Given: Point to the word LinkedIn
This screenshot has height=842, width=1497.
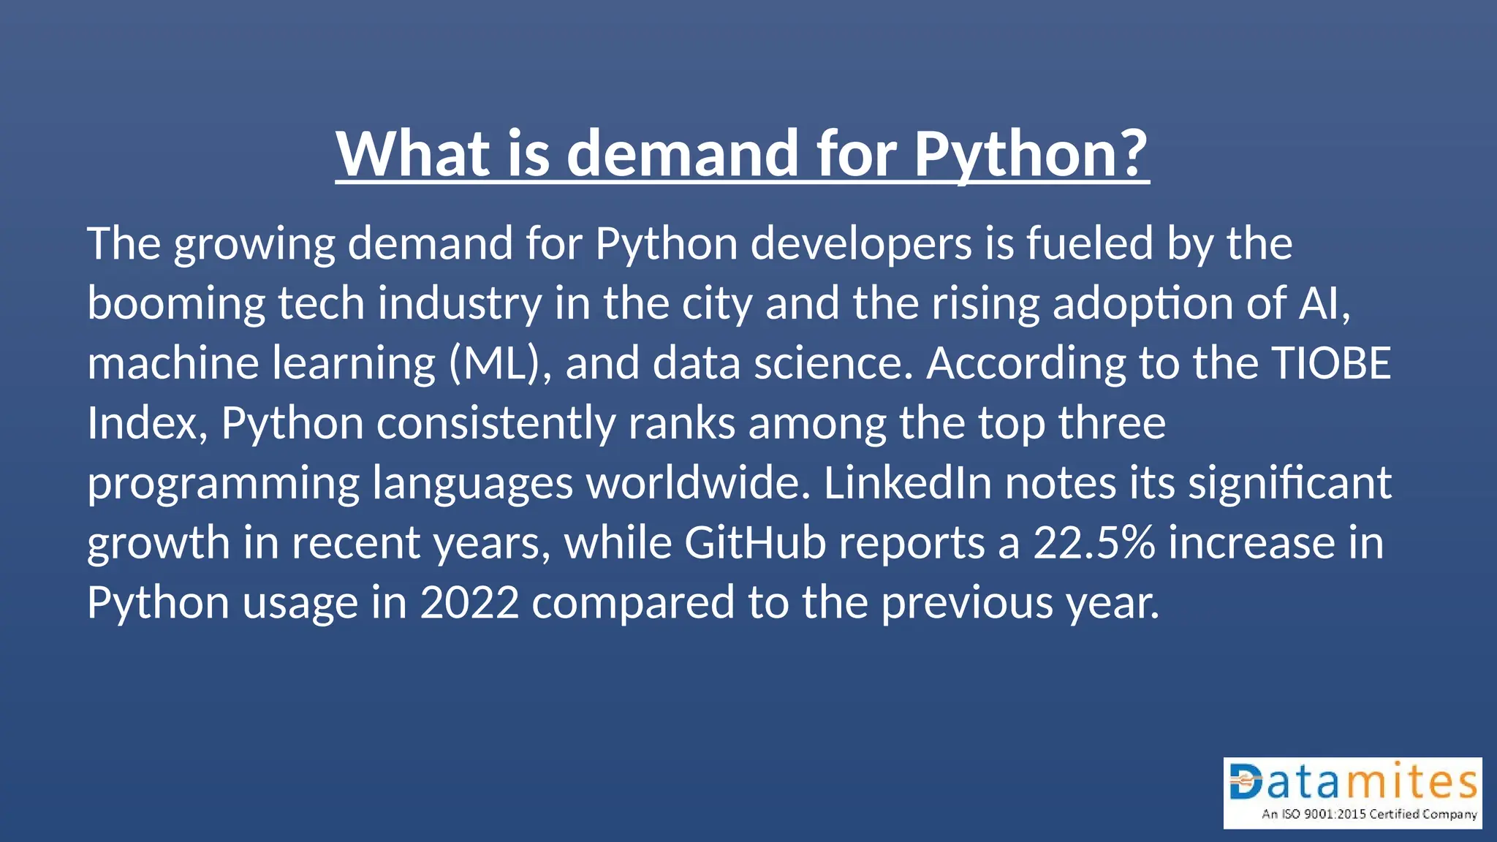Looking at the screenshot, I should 907,483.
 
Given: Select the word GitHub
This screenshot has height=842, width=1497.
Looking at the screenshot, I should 755,543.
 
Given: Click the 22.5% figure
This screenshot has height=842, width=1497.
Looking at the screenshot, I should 1094,543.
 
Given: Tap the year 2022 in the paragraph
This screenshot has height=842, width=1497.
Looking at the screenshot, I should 469,603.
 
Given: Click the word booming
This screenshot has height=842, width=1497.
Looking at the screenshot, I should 176,304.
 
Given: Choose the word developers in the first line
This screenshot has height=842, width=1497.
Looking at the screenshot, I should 861,243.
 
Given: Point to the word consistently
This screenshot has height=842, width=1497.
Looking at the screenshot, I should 496,424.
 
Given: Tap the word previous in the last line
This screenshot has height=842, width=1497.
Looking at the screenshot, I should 966,604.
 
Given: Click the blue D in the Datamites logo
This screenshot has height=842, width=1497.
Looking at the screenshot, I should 1246,781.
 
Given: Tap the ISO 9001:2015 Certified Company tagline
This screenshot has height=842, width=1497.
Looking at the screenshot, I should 1369,814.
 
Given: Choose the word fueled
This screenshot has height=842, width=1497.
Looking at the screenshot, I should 1090,243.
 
